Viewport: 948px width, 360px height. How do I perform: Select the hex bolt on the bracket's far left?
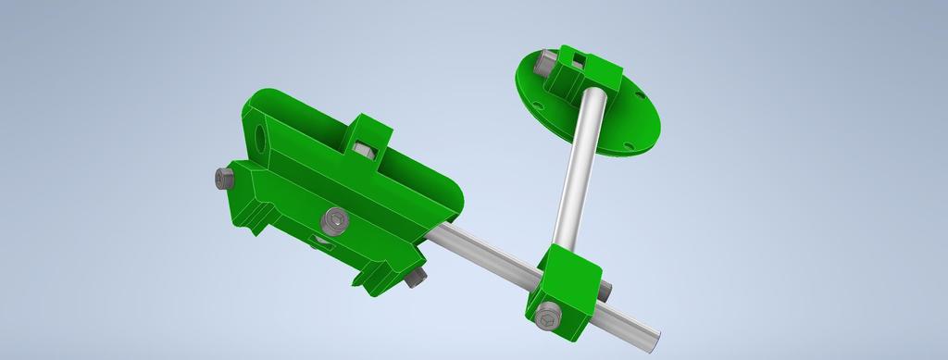(x=223, y=178)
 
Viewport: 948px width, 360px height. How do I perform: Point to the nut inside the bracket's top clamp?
(x=362, y=151)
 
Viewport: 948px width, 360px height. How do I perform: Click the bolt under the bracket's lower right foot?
(x=416, y=277)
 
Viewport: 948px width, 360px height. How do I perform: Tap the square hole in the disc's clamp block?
(x=577, y=61)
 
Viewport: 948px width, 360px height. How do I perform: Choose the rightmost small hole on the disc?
(x=638, y=94)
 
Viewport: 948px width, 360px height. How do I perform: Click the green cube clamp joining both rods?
(x=565, y=292)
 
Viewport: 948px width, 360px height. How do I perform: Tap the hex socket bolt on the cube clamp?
(x=548, y=317)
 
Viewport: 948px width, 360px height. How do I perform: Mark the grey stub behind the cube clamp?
(x=606, y=289)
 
